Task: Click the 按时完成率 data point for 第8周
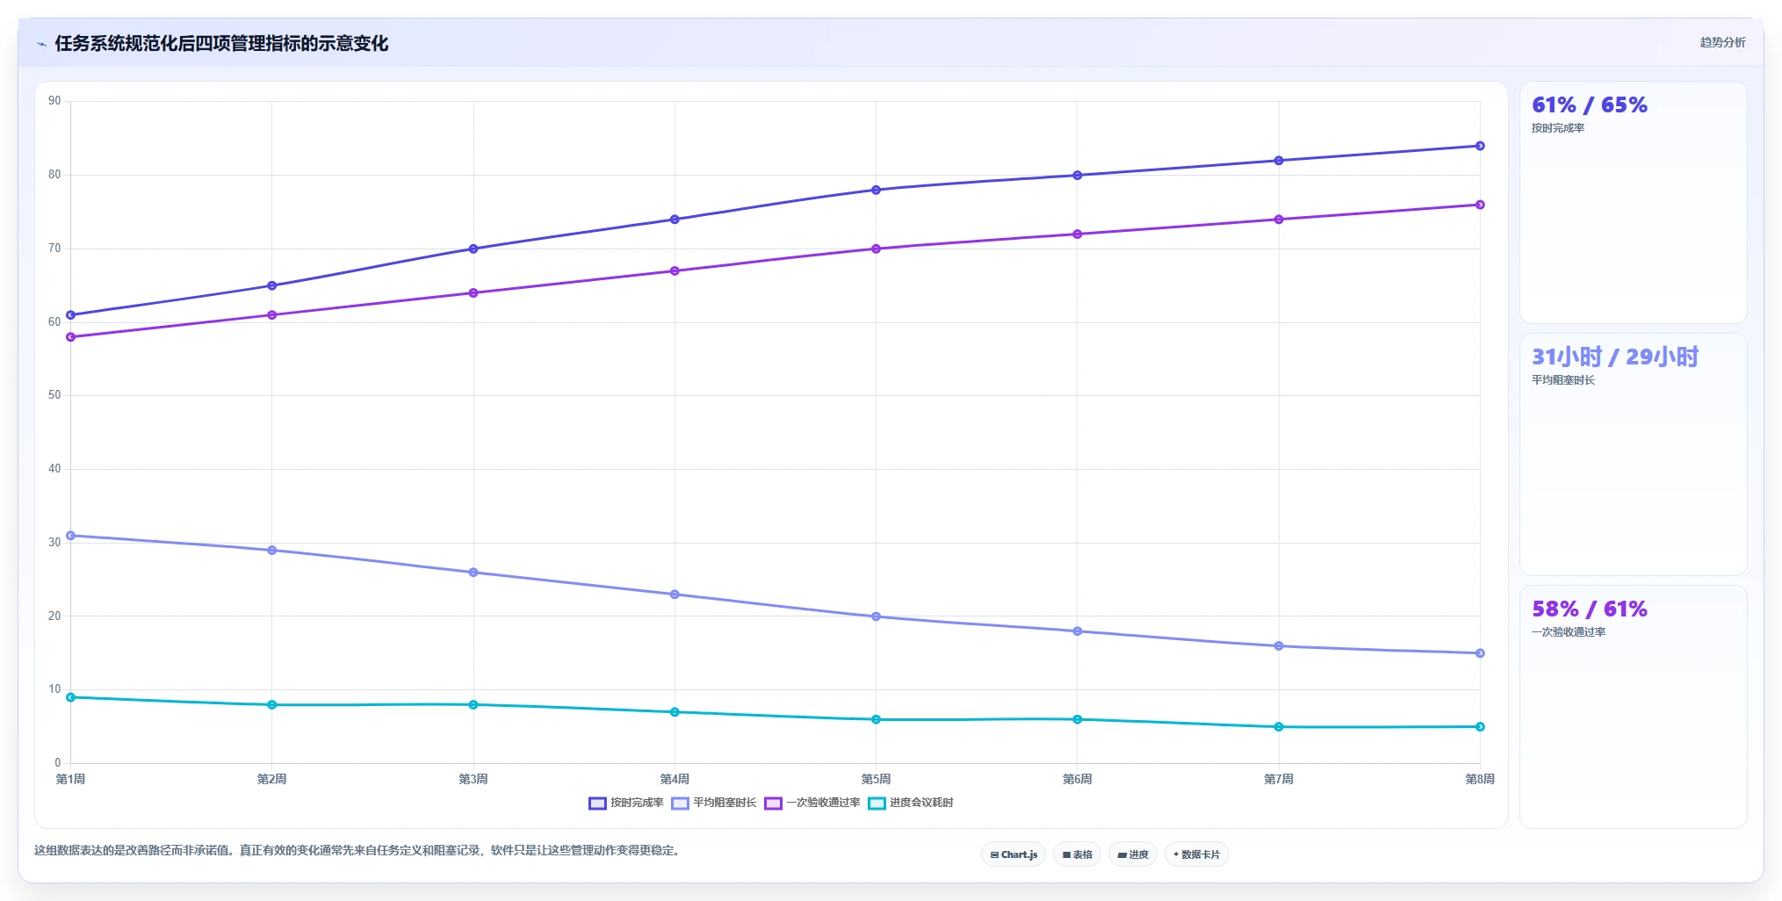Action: pos(1480,146)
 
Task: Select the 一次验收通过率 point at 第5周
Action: pos(876,249)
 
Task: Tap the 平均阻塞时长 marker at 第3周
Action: pos(473,573)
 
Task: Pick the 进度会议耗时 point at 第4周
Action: pos(675,712)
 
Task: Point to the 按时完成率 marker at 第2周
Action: pos(272,285)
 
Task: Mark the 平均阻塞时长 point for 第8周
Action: pos(1480,653)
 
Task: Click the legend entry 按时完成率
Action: pos(626,803)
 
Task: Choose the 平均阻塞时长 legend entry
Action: pos(714,803)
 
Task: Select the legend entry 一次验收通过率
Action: pos(812,803)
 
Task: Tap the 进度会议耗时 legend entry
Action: pos(911,803)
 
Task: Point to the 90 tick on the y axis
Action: pos(54,101)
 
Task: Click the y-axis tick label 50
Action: pos(54,395)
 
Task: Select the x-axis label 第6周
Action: pos(1077,779)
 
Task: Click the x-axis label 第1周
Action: pos(70,779)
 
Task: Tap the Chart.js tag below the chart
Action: pos(1014,854)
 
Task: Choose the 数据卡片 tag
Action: pos(1196,854)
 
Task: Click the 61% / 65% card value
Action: pos(1590,105)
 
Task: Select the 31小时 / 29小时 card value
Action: pos(1615,357)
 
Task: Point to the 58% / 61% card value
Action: pos(1590,609)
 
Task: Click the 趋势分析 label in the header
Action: pos(1722,42)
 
